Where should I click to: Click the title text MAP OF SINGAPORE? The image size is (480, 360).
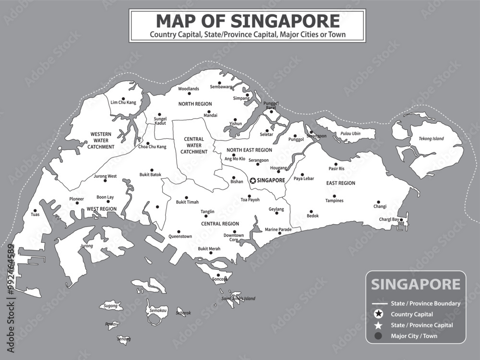point(247,21)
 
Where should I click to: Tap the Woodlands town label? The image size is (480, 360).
point(189,89)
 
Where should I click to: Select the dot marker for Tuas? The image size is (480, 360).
point(35,210)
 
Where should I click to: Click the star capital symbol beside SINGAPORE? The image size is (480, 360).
point(253,180)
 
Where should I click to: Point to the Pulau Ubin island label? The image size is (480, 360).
point(350,133)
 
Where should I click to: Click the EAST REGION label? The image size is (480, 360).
point(340,183)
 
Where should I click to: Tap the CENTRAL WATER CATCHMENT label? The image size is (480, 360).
point(194,145)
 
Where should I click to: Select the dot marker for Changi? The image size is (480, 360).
point(378,202)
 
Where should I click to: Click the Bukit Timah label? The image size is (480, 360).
point(187,203)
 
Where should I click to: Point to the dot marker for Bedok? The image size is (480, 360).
point(311,211)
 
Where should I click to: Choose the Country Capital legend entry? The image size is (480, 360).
point(412,314)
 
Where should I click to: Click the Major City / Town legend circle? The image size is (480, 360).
point(378,336)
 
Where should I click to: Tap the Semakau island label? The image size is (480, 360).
point(158,311)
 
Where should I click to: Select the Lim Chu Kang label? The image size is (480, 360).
point(123,102)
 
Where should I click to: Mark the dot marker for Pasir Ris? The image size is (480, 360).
point(336,164)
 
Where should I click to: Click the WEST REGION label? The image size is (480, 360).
point(102,209)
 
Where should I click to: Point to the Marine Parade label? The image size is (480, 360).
point(278,229)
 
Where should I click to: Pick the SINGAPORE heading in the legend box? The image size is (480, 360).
point(416,284)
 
